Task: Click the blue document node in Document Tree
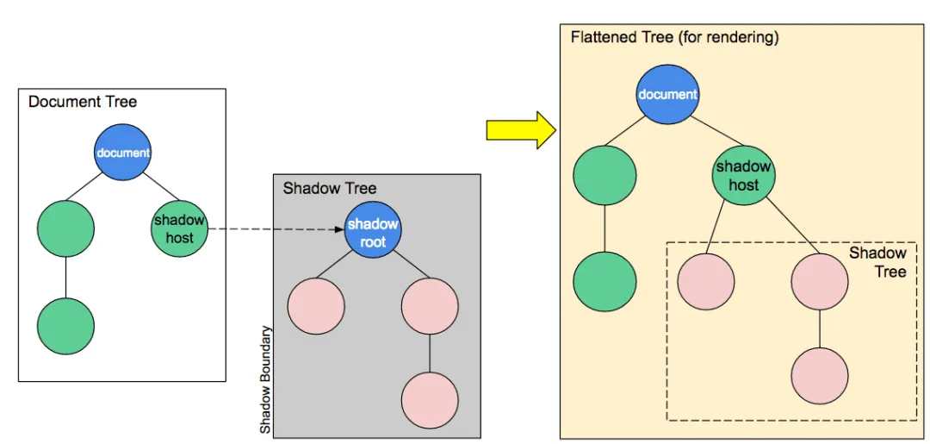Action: tap(122, 153)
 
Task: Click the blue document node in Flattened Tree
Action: tap(666, 94)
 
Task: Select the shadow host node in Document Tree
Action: tap(179, 228)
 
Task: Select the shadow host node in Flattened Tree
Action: tap(743, 175)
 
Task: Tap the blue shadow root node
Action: tap(373, 229)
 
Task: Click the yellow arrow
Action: tap(520, 129)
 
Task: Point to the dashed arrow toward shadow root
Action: tap(276, 229)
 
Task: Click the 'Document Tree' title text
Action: tap(83, 102)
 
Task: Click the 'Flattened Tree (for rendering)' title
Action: tap(674, 38)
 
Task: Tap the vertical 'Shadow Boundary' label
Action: tap(266, 379)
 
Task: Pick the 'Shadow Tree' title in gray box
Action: tap(330, 188)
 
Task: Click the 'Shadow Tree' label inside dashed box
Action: tap(877, 262)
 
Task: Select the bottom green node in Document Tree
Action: tap(65, 326)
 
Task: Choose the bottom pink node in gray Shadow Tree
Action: tap(429, 400)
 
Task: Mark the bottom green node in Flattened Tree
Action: tap(604, 282)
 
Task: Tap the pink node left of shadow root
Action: tap(316, 306)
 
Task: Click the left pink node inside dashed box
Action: tap(706, 282)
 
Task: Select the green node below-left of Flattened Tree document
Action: tap(604, 175)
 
